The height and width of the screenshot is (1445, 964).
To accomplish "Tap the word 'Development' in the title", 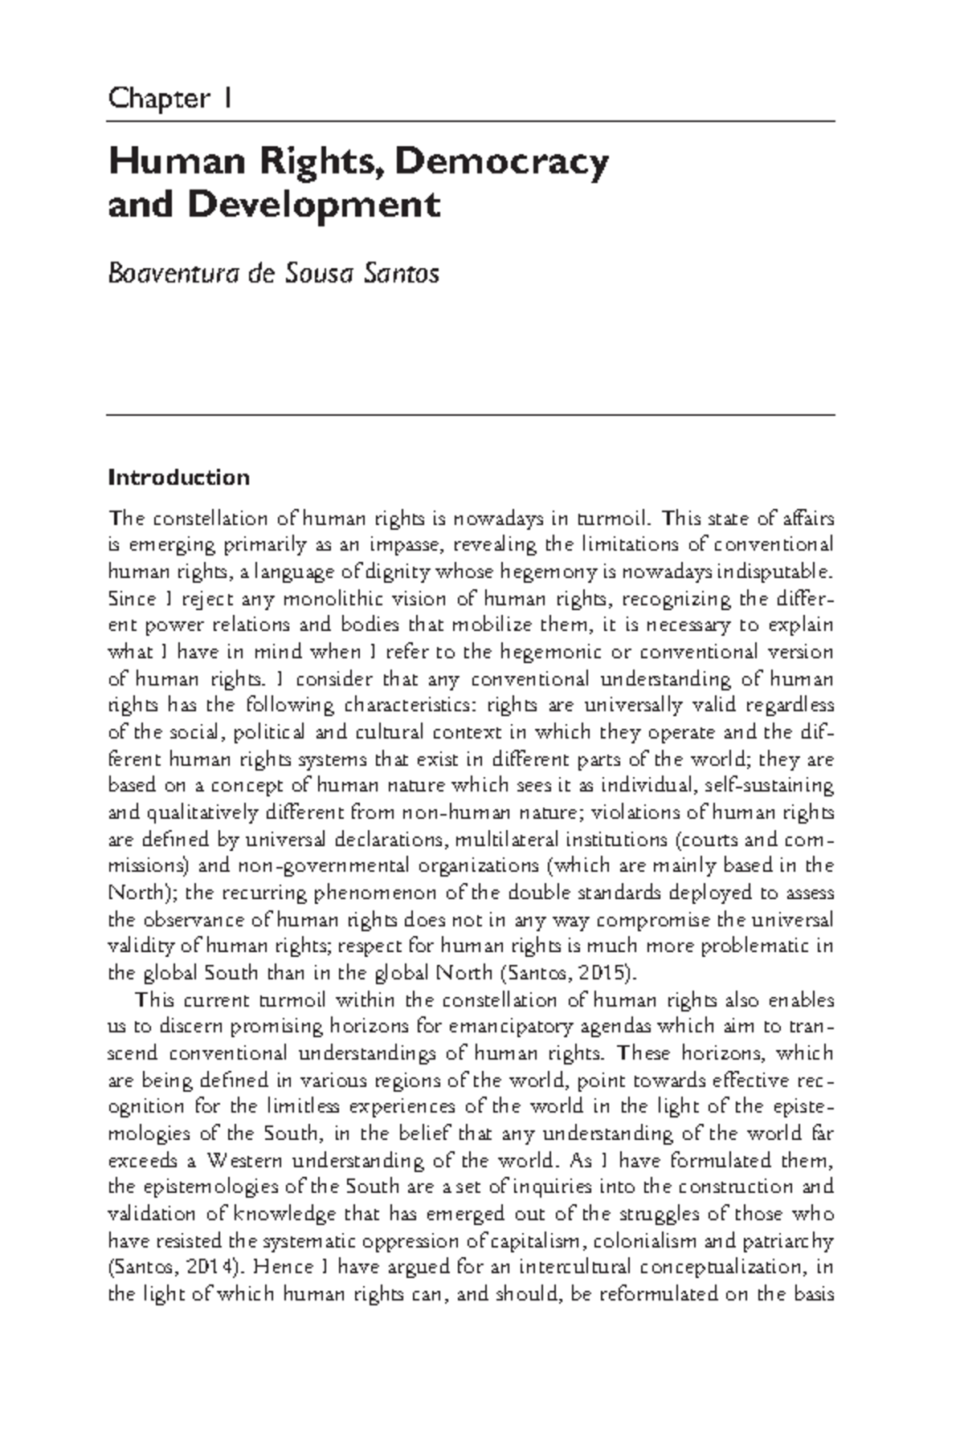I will point(314,205).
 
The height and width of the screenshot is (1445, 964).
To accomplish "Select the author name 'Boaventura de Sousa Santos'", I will point(273,274).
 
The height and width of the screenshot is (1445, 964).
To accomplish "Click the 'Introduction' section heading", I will point(179,478).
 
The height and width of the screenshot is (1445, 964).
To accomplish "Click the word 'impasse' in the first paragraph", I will point(405,545).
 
